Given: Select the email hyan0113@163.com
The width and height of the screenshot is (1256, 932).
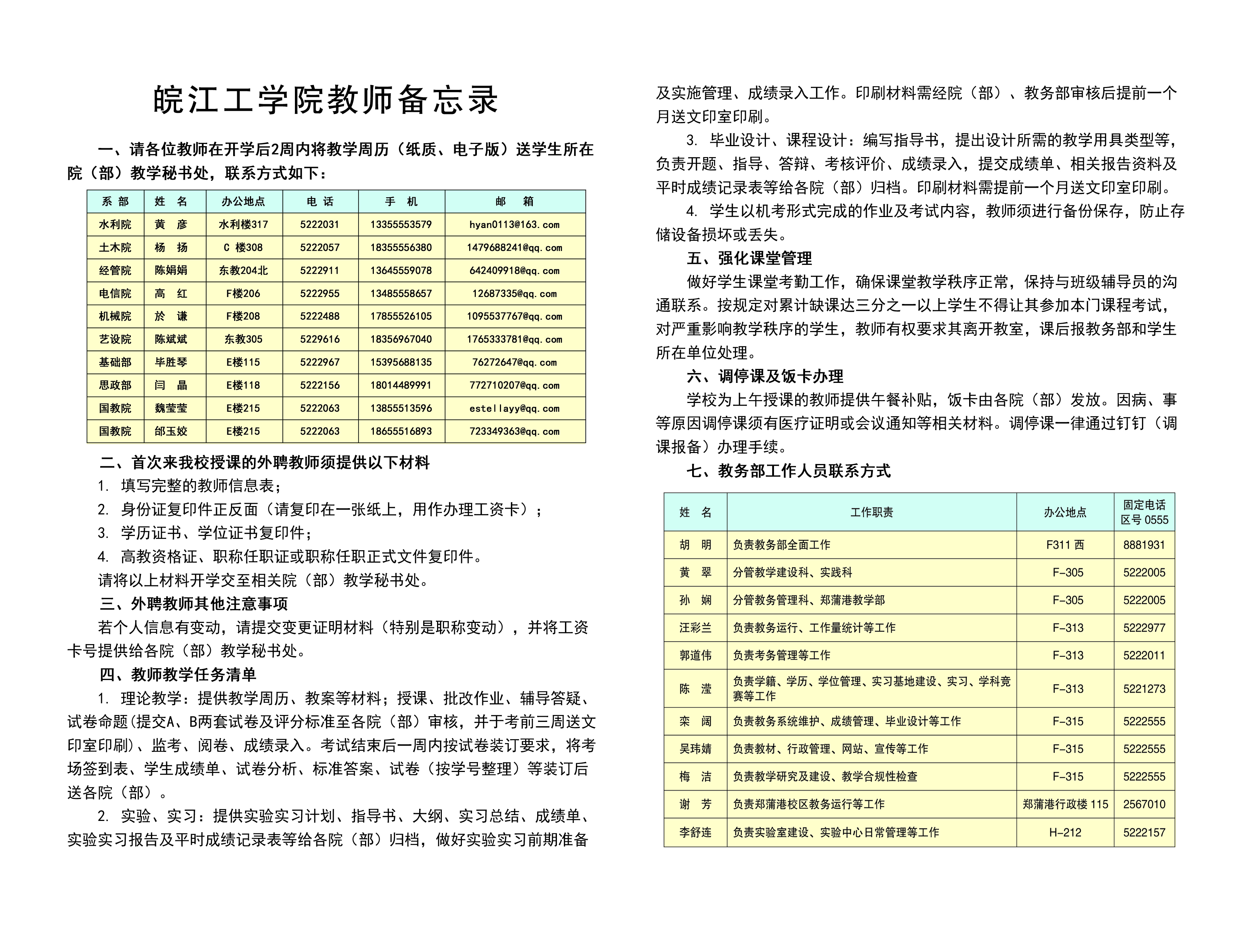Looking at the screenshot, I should (x=514, y=225).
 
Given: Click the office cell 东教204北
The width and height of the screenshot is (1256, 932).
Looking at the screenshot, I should (x=243, y=271).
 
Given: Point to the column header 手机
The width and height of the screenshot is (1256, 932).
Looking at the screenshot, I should (x=401, y=201).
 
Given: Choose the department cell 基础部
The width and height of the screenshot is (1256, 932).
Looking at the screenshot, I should (x=115, y=362).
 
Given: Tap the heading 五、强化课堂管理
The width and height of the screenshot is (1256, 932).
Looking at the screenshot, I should (x=749, y=258).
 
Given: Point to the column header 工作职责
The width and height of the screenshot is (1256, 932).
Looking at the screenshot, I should (x=872, y=512).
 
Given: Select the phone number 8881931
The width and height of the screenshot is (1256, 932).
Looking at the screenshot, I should (x=1144, y=545).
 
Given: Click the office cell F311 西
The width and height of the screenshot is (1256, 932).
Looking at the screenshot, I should (x=1065, y=545).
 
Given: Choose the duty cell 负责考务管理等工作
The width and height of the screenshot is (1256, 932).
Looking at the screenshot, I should (x=781, y=655).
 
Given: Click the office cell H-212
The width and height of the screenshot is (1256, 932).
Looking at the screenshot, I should (x=1065, y=833).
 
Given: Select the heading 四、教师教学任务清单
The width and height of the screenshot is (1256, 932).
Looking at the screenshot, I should (x=178, y=675).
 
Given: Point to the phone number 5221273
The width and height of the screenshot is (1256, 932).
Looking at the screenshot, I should (x=1144, y=689).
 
